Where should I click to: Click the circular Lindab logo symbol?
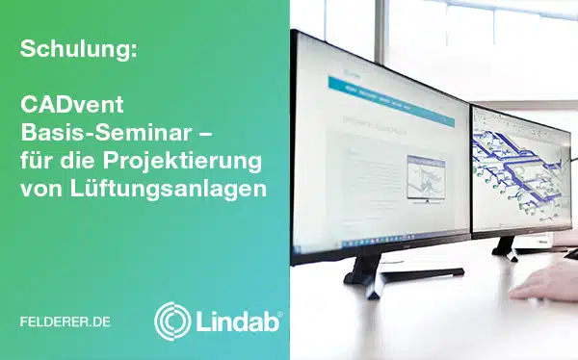pyautogui.click(x=172, y=321)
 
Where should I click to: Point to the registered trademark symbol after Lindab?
pyautogui.click(x=280, y=312)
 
